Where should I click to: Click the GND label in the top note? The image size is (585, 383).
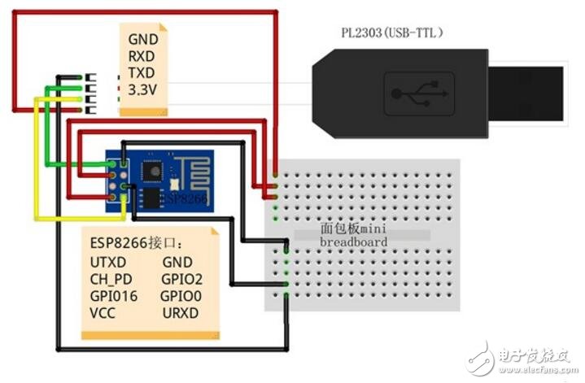[x=144, y=38]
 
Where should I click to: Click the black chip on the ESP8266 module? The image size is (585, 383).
[x=152, y=172]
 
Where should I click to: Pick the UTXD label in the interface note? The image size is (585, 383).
[x=108, y=263]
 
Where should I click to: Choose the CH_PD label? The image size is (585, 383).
[x=110, y=279]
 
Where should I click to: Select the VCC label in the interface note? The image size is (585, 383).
[x=103, y=312]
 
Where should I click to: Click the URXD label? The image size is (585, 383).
[x=180, y=312]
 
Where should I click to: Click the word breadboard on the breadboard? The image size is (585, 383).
[x=353, y=242]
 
